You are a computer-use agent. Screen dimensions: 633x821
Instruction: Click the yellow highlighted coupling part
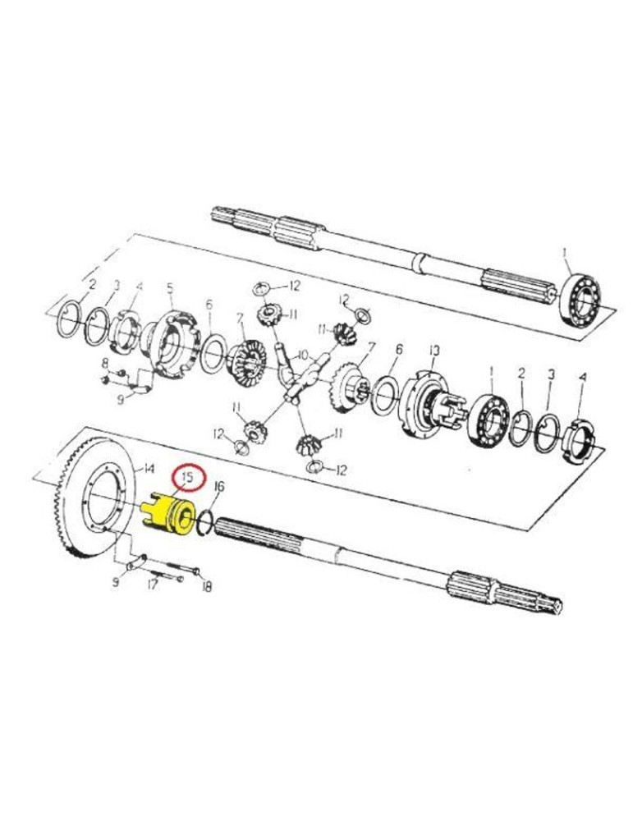(x=168, y=515)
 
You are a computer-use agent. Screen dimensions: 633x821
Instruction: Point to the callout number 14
(x=148, y=468)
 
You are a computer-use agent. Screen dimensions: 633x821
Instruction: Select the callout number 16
(x=219, y=486)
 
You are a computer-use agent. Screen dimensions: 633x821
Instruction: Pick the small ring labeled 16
(x=204, y=522)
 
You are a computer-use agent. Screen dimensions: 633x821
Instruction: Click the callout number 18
(x=207, y=586)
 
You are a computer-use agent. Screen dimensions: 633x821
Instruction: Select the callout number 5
(x=170, y=288)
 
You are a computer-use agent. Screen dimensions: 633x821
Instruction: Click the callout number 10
(x=303, y=355)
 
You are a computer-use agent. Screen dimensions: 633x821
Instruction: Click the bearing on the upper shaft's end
(x=580, y=300)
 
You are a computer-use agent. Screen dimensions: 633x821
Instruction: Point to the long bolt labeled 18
(x=183, y=567)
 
